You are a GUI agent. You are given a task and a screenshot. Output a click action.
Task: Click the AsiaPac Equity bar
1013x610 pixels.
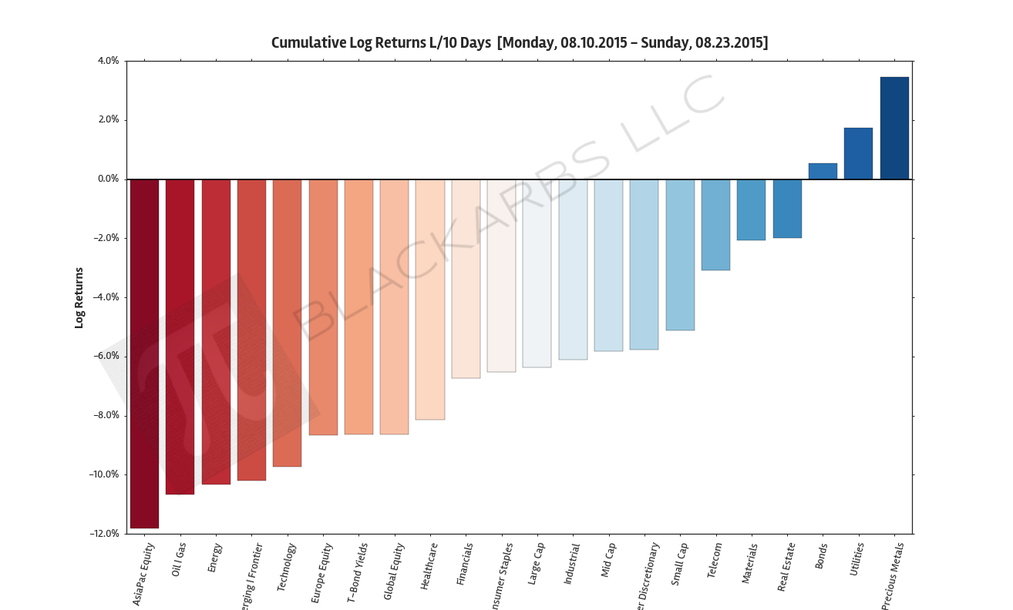tap(144, 354)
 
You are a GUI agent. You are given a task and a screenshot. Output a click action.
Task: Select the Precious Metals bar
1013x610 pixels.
tap(894, 128)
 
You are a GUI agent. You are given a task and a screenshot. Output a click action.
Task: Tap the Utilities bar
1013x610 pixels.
tap(858, 153)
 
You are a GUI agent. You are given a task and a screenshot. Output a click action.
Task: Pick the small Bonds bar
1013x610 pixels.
tap(823, 171)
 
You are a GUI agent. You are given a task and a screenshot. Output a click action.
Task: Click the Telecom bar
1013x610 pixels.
tap(715, 224)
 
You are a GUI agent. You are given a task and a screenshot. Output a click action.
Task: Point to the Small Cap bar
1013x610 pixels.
tap(680, 254)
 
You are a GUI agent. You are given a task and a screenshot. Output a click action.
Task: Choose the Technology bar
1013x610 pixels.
tap(287, 323)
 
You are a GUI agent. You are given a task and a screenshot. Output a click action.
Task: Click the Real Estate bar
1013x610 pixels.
tap(787, 208)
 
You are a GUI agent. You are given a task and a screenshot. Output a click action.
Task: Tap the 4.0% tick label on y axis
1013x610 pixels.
tap(107, 61)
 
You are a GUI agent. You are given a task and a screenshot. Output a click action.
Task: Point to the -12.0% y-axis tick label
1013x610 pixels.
tap(104, 534)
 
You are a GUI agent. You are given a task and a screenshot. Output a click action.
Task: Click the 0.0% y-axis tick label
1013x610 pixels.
tap(107, 179)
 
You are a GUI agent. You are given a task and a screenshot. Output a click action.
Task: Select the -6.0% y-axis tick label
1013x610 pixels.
tap(106, 357)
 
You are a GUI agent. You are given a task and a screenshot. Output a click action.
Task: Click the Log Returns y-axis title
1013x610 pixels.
tap(79, 297)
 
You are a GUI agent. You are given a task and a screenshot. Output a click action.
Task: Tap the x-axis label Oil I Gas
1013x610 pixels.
tap(178, 561)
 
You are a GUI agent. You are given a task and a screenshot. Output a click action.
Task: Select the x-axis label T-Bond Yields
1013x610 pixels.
tap(356, 572)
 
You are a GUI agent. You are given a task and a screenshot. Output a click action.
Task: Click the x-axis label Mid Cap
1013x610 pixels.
tap(608, 561)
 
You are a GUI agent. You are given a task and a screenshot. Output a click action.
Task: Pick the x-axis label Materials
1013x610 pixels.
tap(750, 564)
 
